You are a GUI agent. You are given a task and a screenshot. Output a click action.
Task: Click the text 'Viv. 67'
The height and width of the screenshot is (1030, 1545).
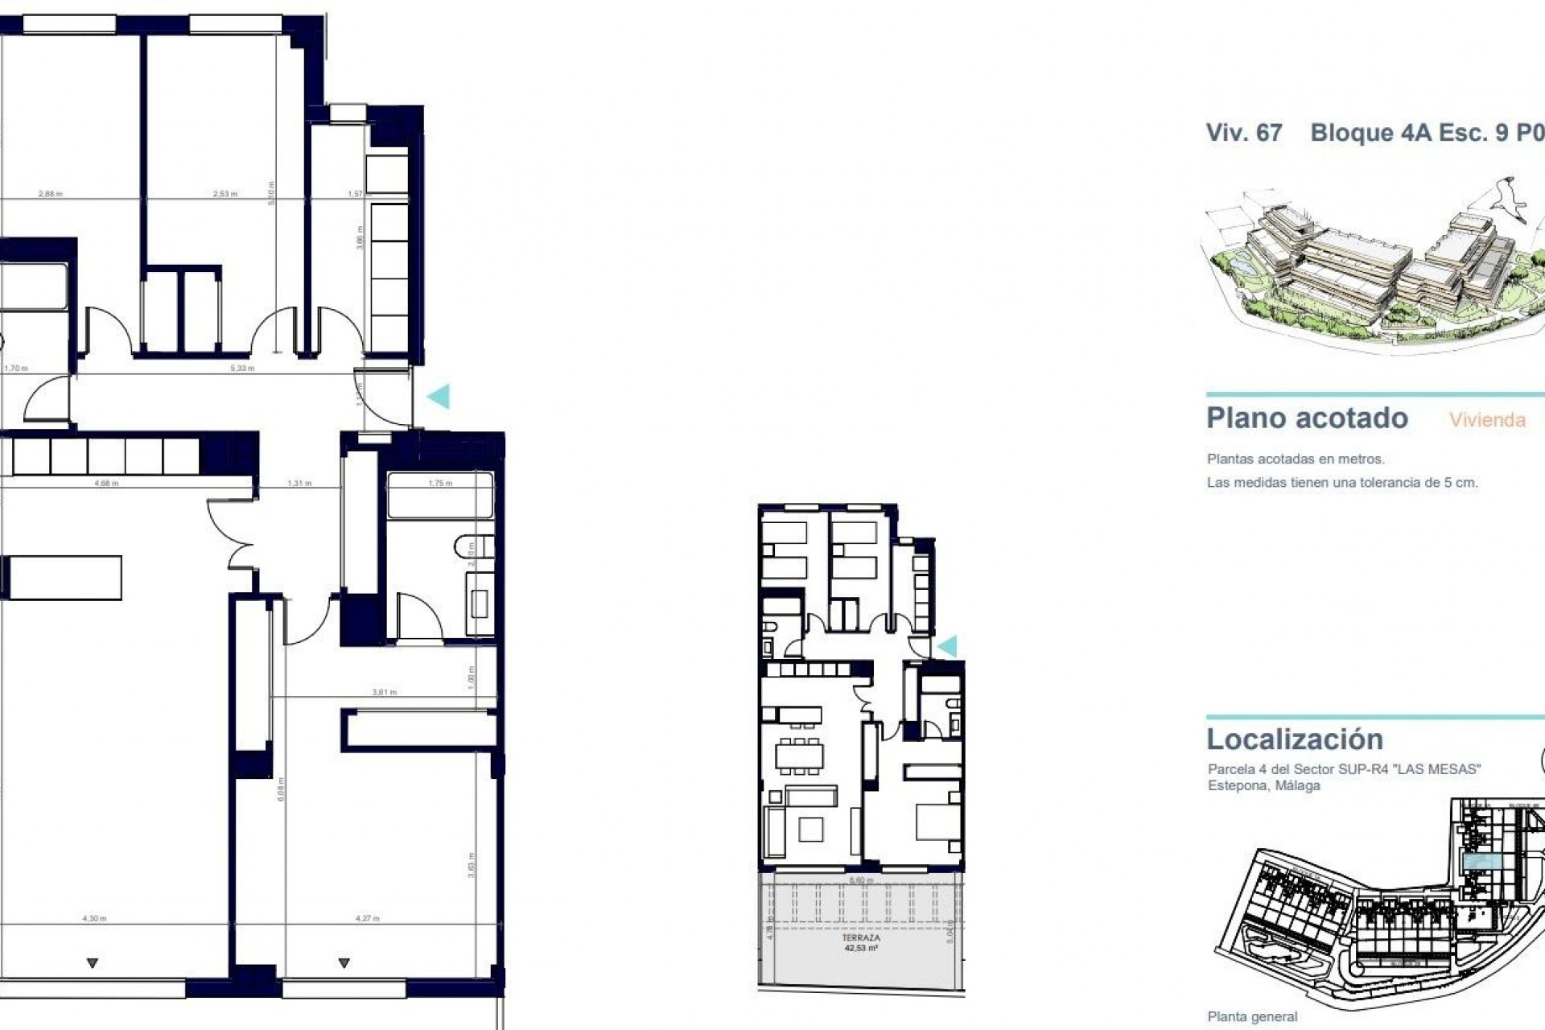pyautogui.click(x=1243, y=133)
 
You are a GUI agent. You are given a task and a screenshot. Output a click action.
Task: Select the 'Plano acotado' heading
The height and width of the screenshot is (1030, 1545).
pyautogui.click(x=1307, y=418)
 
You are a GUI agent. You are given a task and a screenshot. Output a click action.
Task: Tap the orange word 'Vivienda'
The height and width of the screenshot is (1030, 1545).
pyautogui.click(x=1487, y=420)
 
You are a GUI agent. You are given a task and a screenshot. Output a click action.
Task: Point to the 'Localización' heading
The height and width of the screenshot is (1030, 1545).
pyautogui.click(x=1294, y=740)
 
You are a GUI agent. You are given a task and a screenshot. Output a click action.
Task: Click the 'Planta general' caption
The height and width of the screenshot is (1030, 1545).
pyautogui.click(x=1252, y=1017)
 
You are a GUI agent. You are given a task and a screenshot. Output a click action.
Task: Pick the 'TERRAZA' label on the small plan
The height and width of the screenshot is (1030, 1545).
pyautogui.click(x=860, y=938)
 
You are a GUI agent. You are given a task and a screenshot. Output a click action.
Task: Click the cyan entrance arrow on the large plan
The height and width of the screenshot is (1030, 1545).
pyautogui.click(x=439, y=396)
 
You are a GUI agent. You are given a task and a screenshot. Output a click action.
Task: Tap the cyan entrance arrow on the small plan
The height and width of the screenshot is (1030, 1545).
pyautogui.click(x=947, y=646)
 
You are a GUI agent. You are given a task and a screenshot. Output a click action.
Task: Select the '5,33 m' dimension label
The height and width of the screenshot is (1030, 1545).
pyautogui.click(x=242, y=369)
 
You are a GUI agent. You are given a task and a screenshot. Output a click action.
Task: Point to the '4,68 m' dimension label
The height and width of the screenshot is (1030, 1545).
pyautogui.click(x=106, y=484)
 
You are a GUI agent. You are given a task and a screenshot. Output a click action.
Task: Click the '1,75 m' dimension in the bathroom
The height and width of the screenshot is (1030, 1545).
pyautogui.click(x=440, y=484)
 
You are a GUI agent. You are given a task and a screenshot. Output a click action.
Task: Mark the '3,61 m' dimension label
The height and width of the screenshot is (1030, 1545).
pyautogui.click(x=384, y=692)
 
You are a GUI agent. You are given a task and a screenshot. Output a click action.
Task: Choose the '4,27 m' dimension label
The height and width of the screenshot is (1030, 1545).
pyautogui.click(x=367, y=918)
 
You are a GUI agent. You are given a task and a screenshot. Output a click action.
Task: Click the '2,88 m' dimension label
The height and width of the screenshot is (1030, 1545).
pyautogui.click(x=50, y=194)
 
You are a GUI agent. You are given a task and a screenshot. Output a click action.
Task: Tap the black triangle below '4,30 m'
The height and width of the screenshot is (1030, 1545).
pyautogui.click(x=93, y=963)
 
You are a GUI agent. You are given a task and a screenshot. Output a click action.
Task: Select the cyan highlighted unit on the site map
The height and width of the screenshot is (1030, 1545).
pyautogui.click(x=1481, y=862)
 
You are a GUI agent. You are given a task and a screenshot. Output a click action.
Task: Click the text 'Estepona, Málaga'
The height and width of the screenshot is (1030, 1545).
pyautogui.click(x=1263, y=785)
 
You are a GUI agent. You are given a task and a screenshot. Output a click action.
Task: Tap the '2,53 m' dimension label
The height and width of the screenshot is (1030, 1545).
pyautogui.click(x=225, y=194)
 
